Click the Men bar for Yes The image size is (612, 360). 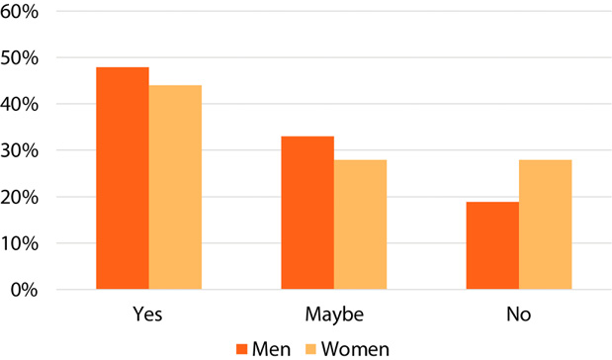122,178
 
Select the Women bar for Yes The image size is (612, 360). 175,187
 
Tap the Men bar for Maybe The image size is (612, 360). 306,213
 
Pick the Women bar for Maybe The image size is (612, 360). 360,225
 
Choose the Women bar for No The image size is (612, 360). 545,225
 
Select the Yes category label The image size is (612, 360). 147,315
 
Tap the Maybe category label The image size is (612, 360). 333,315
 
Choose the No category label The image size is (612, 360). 518,315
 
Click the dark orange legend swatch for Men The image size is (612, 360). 241,348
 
